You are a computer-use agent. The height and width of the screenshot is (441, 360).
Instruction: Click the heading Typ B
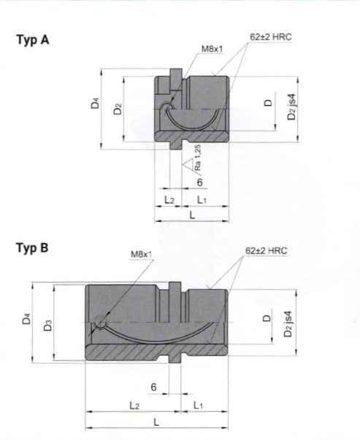32,248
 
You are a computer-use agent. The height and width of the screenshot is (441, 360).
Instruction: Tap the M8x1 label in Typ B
141,254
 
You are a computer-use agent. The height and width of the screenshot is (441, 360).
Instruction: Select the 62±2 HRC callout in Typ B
267,250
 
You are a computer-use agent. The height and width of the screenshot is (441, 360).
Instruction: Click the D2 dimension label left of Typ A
118,109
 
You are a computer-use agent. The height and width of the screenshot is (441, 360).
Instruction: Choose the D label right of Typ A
268,103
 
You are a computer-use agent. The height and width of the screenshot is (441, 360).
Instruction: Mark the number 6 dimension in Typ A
199,183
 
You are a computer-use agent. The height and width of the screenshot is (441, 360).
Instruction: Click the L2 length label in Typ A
169,199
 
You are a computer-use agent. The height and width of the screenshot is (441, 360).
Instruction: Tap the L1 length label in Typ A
202,199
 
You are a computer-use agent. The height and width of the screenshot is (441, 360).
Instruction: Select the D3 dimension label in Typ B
47,323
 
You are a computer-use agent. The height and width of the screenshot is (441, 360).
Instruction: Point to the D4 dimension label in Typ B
26,318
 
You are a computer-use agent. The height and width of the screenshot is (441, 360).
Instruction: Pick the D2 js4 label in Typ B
291,323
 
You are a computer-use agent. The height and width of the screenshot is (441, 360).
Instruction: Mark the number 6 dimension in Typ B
153,386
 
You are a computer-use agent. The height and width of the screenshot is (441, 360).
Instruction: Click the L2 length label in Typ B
134,404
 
